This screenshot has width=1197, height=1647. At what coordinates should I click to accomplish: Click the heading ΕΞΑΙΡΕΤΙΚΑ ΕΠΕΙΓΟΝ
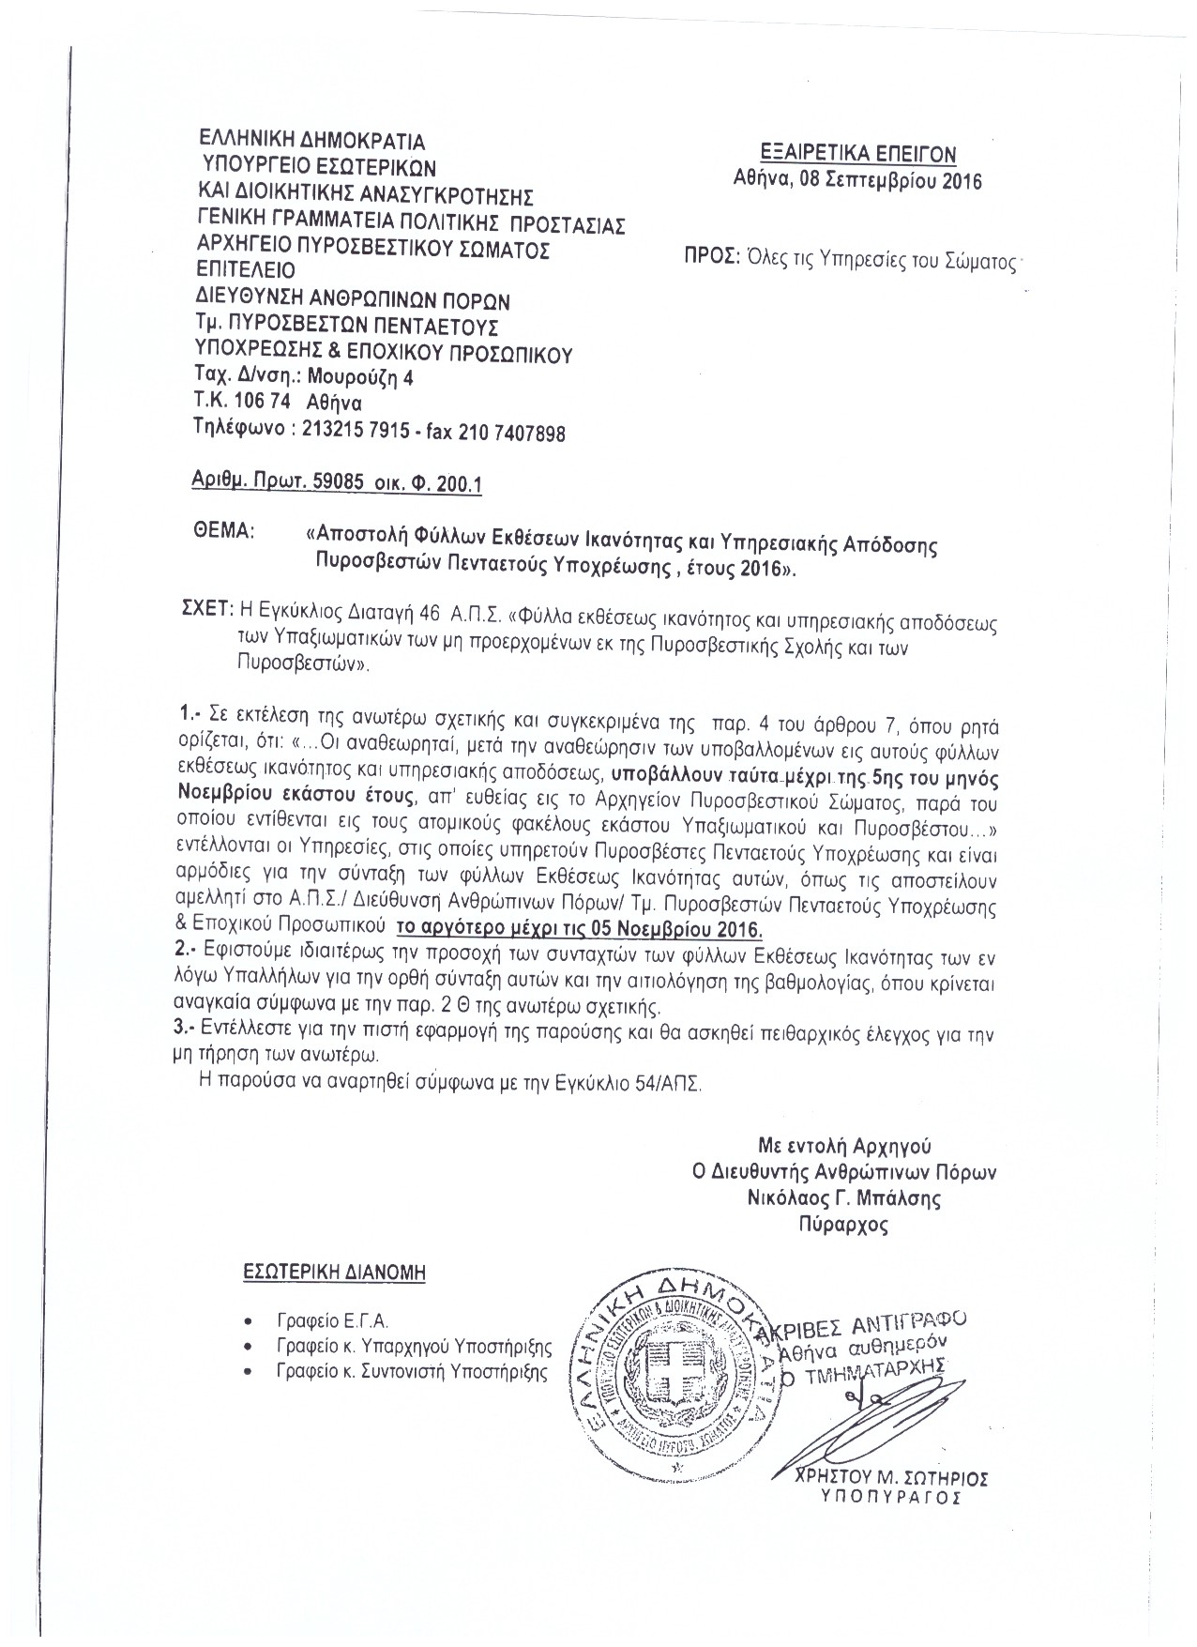(x=858, y=154)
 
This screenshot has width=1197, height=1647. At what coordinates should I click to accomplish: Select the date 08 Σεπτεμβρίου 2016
(x=890, y=181)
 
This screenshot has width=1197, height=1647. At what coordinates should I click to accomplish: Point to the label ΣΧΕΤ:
(x=205, y=610)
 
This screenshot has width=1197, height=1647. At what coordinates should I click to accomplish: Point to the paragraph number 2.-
(x=186, y=950)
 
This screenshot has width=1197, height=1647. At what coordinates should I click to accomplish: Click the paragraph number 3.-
(x=186, y=1029)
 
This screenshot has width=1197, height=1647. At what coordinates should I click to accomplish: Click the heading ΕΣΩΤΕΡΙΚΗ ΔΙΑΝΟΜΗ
(x=334, y=1273)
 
